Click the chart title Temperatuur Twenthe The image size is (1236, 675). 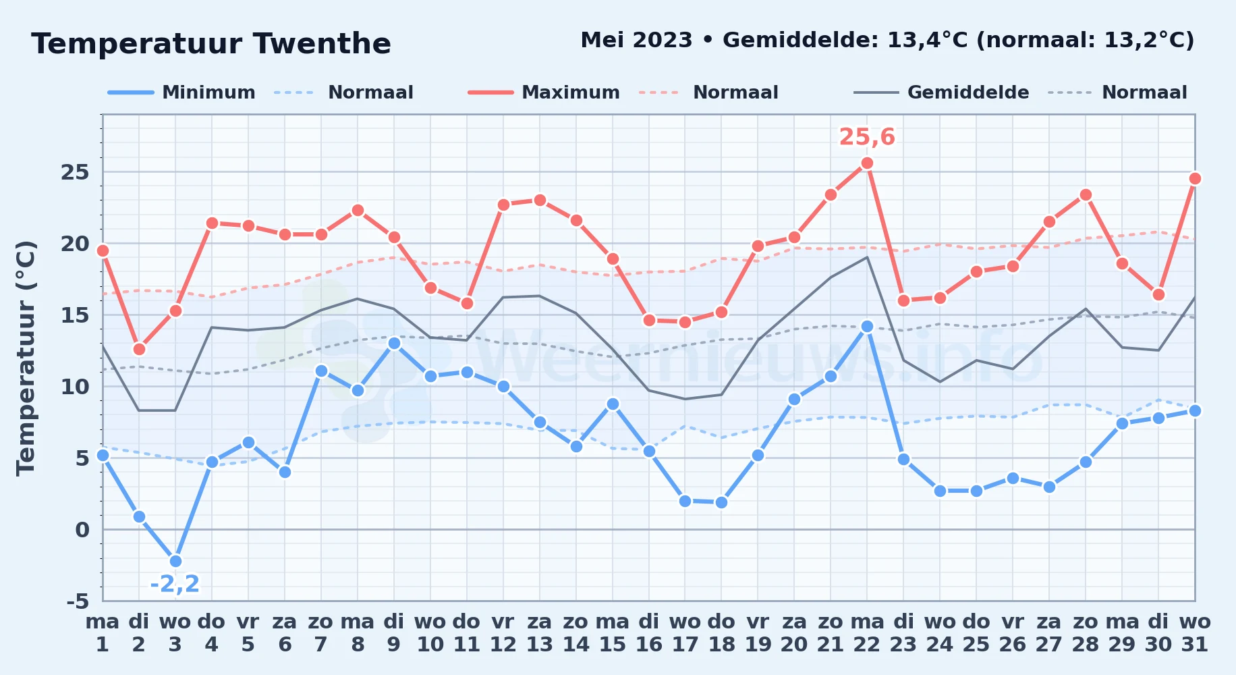211,44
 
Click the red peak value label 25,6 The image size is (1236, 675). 867,137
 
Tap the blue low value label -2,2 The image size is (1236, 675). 175,584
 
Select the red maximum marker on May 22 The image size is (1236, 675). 867,163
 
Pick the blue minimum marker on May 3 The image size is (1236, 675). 175,561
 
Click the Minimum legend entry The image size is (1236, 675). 181,92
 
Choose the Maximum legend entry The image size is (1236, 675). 544,92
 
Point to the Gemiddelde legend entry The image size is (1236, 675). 942,92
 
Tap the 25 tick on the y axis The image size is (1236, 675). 76,172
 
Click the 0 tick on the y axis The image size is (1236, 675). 82,530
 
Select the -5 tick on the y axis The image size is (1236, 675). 78,601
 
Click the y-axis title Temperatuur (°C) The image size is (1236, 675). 26,358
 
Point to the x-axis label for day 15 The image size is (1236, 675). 613,633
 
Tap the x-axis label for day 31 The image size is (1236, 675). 1195,633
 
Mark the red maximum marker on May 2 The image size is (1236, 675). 139,349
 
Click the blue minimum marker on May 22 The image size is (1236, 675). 867,326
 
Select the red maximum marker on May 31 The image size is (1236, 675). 1195,178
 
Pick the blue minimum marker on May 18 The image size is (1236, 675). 721,502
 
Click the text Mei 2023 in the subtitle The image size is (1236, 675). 636,40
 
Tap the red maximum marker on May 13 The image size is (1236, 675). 540,200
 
